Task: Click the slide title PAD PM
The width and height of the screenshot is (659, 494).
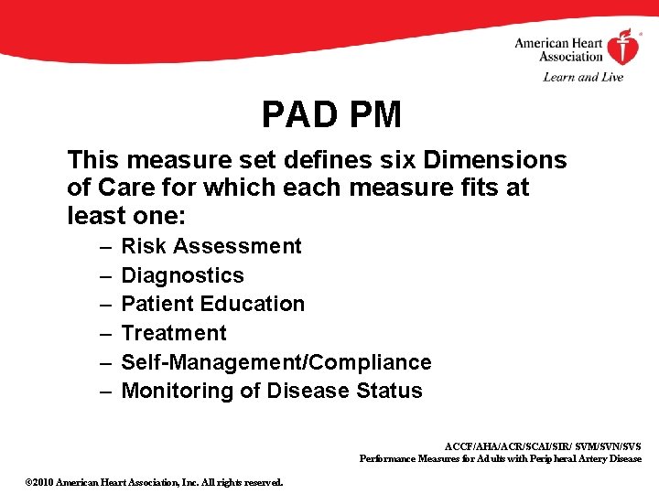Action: point(331,115)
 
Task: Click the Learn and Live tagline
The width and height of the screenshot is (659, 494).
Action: point(583,77)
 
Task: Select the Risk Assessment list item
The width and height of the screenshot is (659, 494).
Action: point(211,246)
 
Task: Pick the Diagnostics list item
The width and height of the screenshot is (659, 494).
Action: point(182,275)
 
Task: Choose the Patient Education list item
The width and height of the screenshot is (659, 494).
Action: point(212,304)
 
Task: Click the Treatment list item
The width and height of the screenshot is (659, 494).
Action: point(173,333)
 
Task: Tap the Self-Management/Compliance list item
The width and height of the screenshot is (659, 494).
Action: point(275,362)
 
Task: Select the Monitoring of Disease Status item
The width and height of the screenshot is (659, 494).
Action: point(271,391)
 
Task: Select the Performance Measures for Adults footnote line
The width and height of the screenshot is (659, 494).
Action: point(500,458)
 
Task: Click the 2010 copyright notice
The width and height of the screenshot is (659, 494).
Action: point(154,482)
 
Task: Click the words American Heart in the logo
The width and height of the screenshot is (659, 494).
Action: point(558,43)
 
